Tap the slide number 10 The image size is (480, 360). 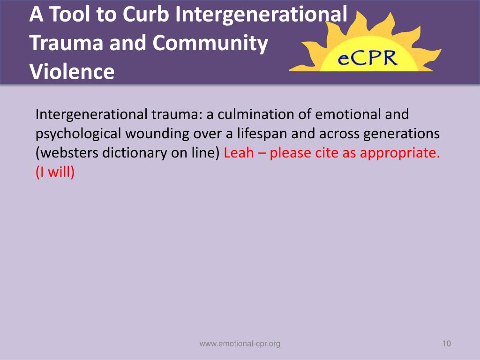point(446,344)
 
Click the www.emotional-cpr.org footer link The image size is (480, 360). point(240,344)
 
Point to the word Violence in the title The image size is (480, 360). point(72,72)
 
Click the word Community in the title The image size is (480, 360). point(210,43)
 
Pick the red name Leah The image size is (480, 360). point(239,153)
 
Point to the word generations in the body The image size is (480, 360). point(403,134)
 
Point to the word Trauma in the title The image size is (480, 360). point(67,43)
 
